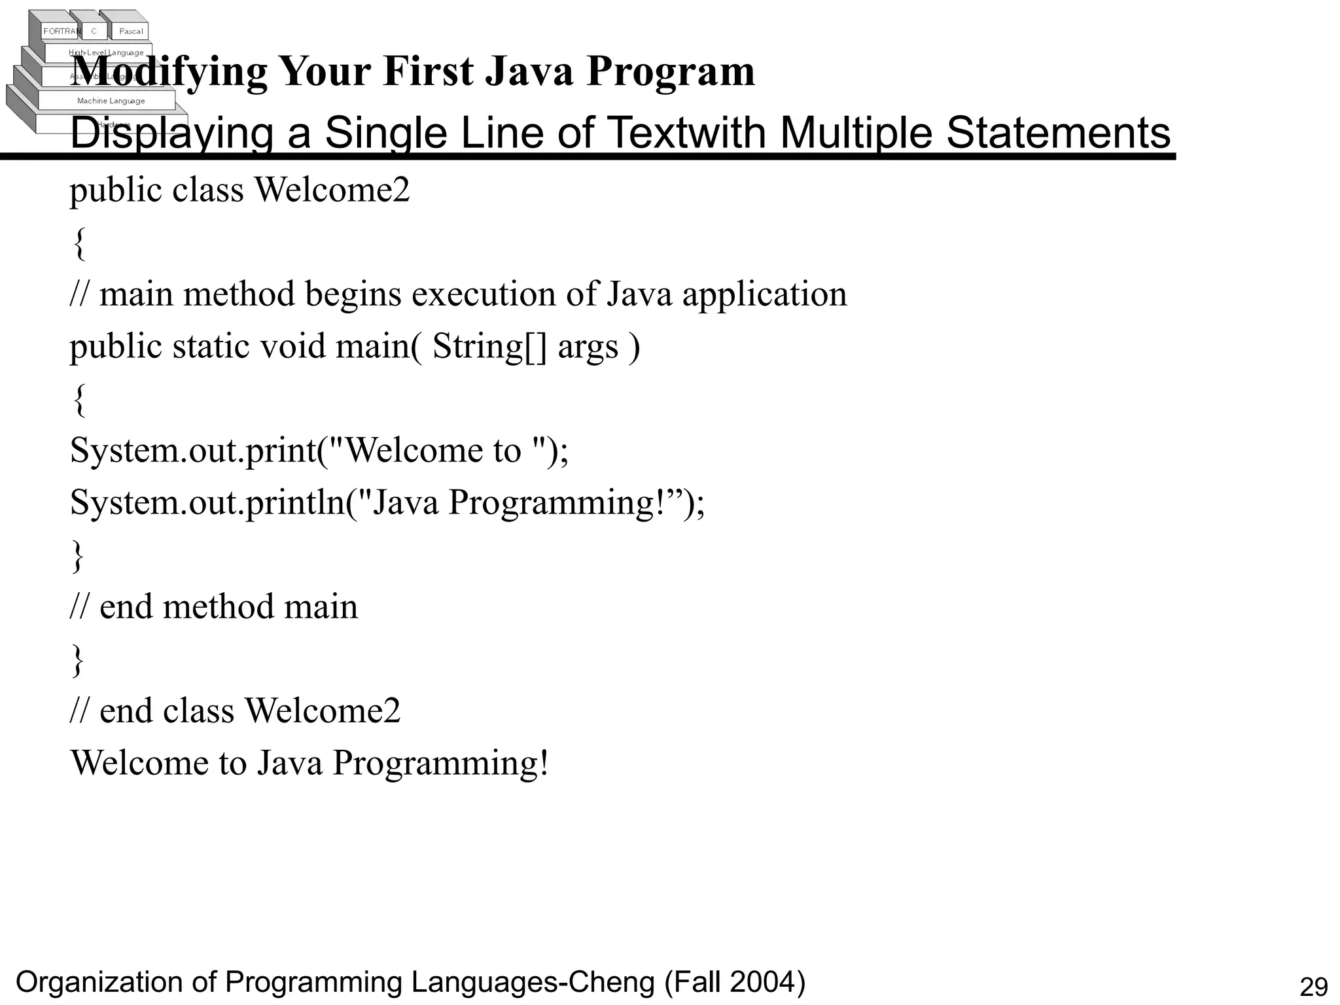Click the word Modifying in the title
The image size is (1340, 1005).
(169, 71)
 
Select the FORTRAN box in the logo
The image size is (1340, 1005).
(61, 31)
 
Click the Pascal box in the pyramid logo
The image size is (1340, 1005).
(131, 31)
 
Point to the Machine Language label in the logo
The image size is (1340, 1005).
(111, 101)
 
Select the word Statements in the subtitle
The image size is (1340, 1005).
(1058, 133)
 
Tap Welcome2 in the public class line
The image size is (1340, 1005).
(332, 190)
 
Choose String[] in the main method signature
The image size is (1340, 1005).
(489, 346)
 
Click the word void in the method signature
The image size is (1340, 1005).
(292, 346)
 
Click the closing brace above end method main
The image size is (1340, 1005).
(78, 555)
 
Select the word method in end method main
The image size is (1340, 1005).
(218, 607)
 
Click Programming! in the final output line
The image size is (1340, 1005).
(440, 763)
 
